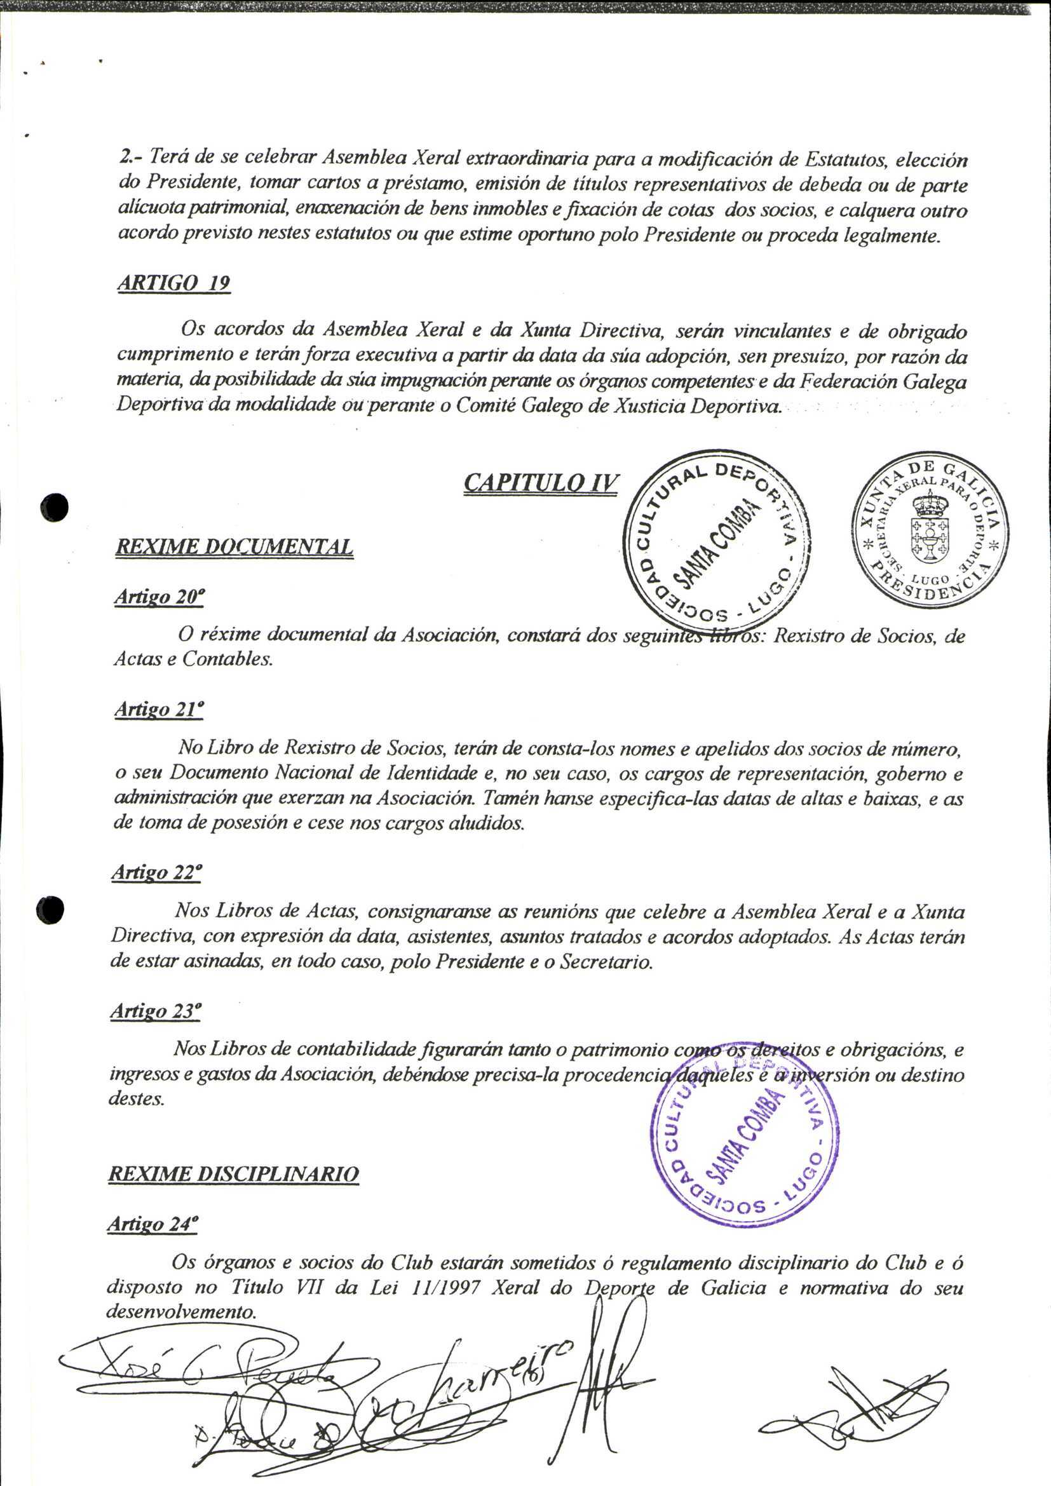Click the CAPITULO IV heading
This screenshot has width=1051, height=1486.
[541, 483]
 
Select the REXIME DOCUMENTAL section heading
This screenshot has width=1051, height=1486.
[234, 547]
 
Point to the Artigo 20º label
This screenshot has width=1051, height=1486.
[159, 597]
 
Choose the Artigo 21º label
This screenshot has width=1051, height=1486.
[159, 710]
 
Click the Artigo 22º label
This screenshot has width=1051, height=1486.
[156, 872]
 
